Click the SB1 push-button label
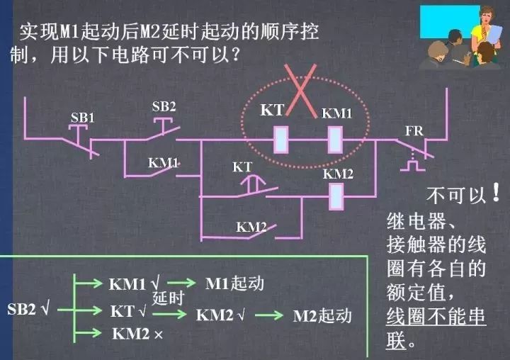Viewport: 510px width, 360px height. (83, 118)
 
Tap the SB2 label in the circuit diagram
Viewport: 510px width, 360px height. (164, 106)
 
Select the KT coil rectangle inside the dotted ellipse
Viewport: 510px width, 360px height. (281, 140)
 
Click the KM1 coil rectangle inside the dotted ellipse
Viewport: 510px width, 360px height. (335, 140)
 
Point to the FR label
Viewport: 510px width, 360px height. (414, 131)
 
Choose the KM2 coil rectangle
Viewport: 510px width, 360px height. (336, 196)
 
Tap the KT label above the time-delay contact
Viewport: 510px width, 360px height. (242, 167)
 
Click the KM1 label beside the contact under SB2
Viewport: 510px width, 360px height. (164, 163)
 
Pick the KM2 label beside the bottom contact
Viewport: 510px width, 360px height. (251, 227)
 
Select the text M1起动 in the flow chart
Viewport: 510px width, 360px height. (234, 283)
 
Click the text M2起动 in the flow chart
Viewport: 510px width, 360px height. (322, 316)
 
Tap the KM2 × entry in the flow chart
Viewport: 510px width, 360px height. (137, 334)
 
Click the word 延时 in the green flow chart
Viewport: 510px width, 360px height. (168, 298)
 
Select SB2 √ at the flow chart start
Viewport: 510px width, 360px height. (28, 309)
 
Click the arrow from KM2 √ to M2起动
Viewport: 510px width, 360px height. (269, 315)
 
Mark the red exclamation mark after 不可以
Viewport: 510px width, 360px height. (496, 192)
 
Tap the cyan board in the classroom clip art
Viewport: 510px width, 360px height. (450, 21)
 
